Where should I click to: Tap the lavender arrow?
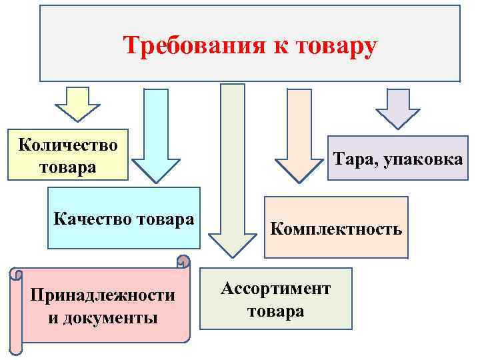click(398, 107)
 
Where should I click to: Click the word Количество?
click(68, 145)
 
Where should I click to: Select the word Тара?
click(354, 160)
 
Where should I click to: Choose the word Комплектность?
click(336, 229)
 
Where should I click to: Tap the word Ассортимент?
click(276, 288)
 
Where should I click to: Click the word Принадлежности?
click(103, 295)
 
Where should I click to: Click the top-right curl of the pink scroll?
click(183, 261)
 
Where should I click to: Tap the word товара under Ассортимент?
click(276, 311)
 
